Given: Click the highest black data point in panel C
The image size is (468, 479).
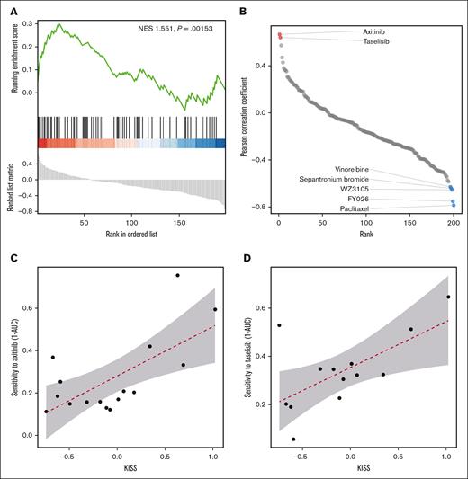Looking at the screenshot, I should coord(177,275).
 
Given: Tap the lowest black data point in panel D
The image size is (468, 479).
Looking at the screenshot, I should coord(293,439).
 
